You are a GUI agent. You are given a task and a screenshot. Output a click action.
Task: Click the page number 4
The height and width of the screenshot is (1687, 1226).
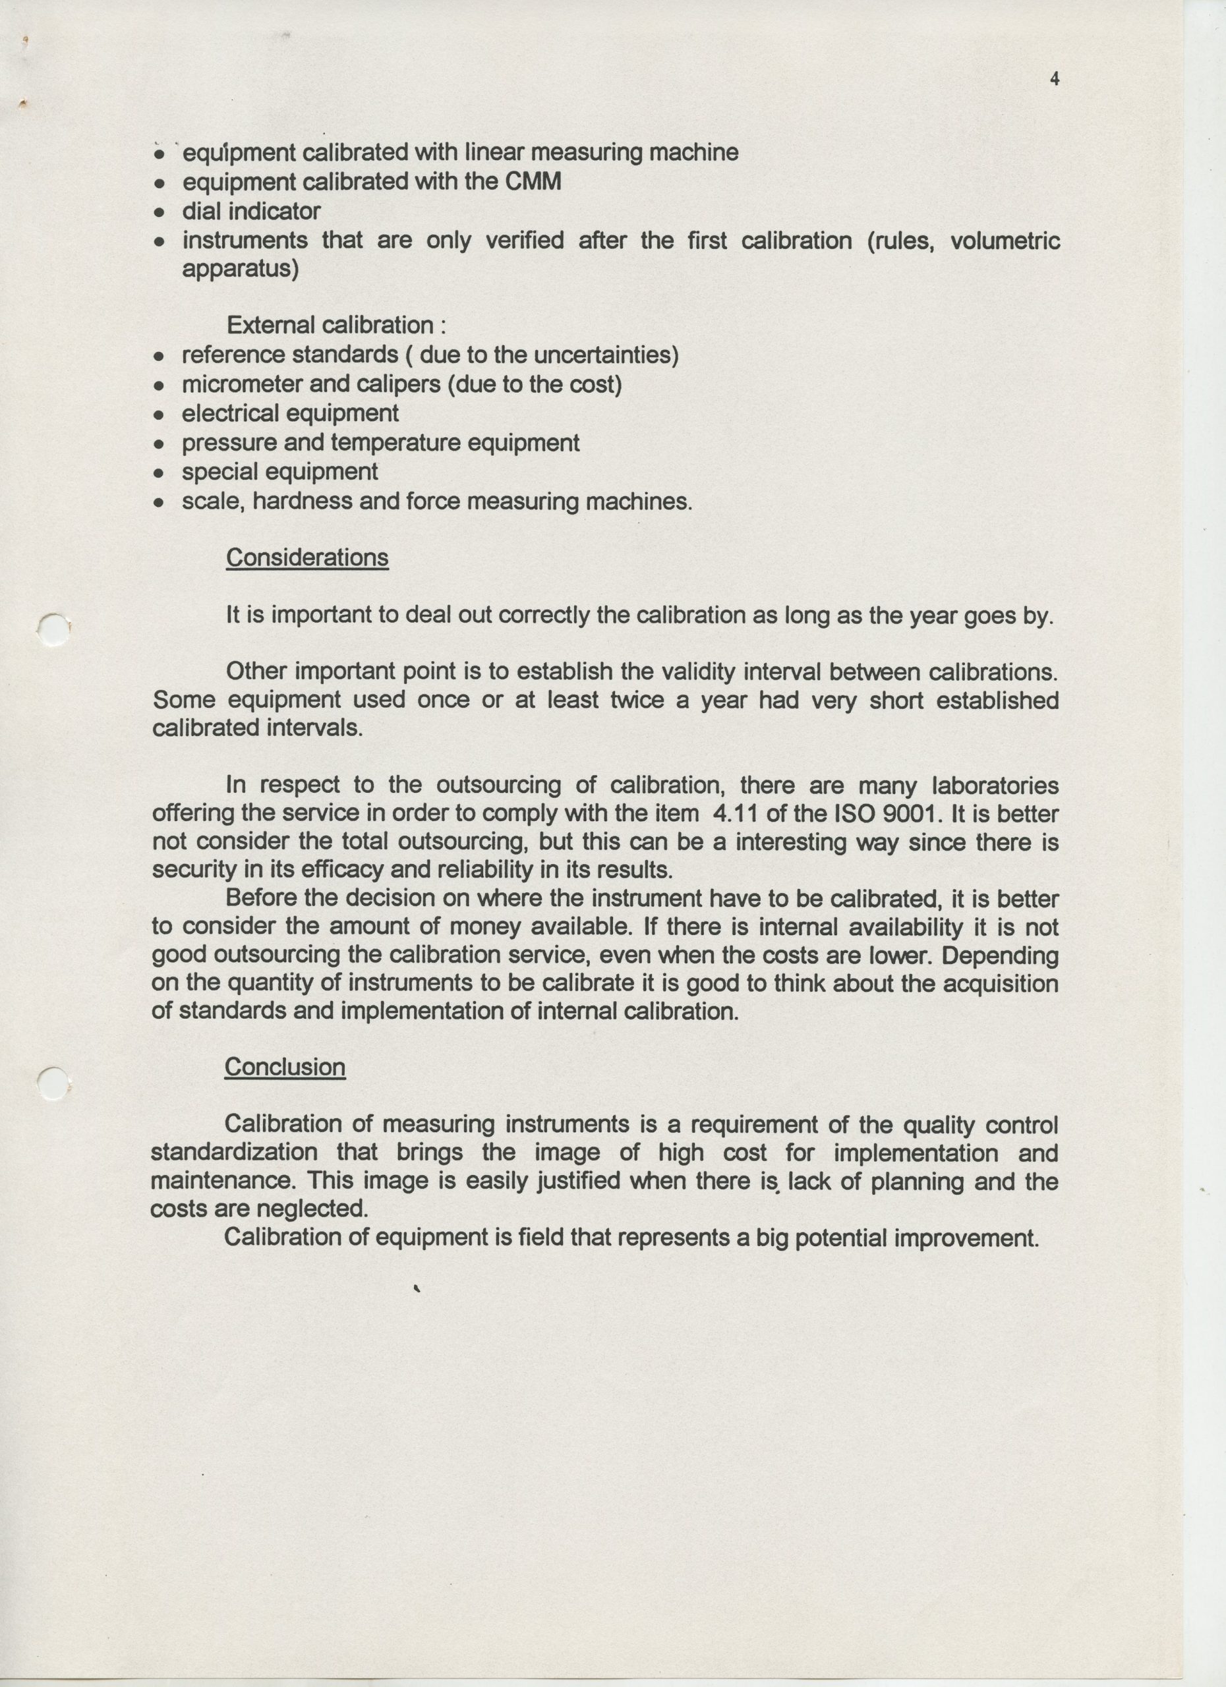[1054, 79]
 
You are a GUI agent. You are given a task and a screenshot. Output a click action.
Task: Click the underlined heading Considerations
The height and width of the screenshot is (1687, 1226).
[306, 558]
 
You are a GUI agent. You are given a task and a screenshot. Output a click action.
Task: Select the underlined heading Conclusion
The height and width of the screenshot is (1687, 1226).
[285, 1067]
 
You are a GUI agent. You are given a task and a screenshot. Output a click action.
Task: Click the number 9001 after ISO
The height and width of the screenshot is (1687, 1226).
[912, 814]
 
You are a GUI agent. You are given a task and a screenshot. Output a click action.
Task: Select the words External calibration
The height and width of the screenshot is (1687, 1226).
[330, 325]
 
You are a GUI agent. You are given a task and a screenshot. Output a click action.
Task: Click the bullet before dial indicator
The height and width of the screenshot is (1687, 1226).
[158, 212]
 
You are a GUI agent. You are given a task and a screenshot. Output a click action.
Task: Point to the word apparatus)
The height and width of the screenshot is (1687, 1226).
[241, 268]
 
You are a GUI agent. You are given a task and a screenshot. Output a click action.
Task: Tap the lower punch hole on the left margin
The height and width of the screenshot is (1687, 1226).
[53, 1083]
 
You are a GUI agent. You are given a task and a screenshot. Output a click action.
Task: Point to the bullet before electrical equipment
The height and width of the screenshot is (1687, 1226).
[158, 415]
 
